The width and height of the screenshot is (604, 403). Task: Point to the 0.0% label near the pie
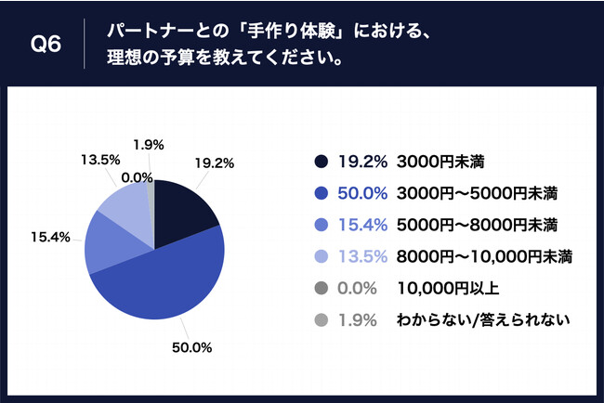[x=137, y=176]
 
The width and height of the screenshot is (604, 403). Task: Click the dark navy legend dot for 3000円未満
[x=322, y=162]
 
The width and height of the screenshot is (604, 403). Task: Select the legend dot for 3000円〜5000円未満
[x=322, y=193]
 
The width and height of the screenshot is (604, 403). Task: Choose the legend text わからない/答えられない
[x=482, y=320]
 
